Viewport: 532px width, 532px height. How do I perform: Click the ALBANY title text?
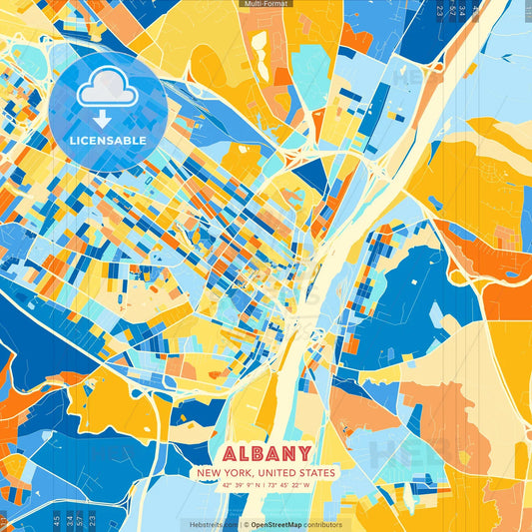(x=266, y=452)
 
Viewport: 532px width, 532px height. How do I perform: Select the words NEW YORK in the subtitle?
(x=222, y=472)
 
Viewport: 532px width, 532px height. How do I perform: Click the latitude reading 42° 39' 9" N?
(x=235, y=486)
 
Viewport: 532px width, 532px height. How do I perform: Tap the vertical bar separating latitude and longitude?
(x=266, y=486)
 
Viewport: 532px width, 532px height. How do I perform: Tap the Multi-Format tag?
(x=266, y=4)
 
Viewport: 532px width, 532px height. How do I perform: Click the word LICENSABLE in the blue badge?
(x=108, y=141)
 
